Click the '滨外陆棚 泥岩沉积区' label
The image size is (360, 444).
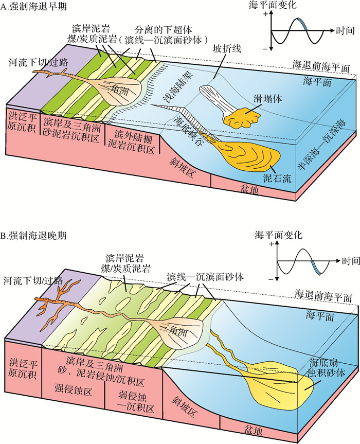pos(134,140)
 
